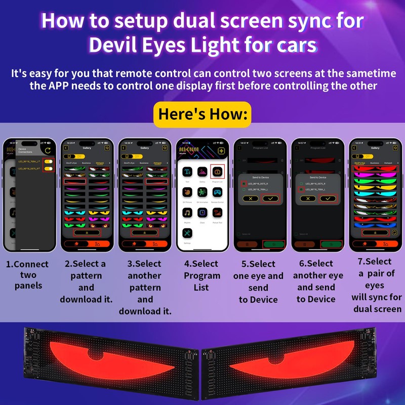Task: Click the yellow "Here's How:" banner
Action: (x=202, y=113)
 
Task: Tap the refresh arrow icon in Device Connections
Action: (x=47, y=151)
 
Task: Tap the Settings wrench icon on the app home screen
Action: (x=188, y=234)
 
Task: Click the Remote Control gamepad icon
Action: (x=217, y=192)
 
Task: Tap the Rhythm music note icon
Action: (x=188, y=213)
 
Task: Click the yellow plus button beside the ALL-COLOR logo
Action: (x=221, y=151)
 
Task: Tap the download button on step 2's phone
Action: (x=86, y=232)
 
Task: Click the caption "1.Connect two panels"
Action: (x=27, y=275)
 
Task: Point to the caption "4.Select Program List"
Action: (x=202, y=275)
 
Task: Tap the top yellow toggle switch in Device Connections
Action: (x=49, y=161)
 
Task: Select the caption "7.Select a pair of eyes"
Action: (x=377, y=273)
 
